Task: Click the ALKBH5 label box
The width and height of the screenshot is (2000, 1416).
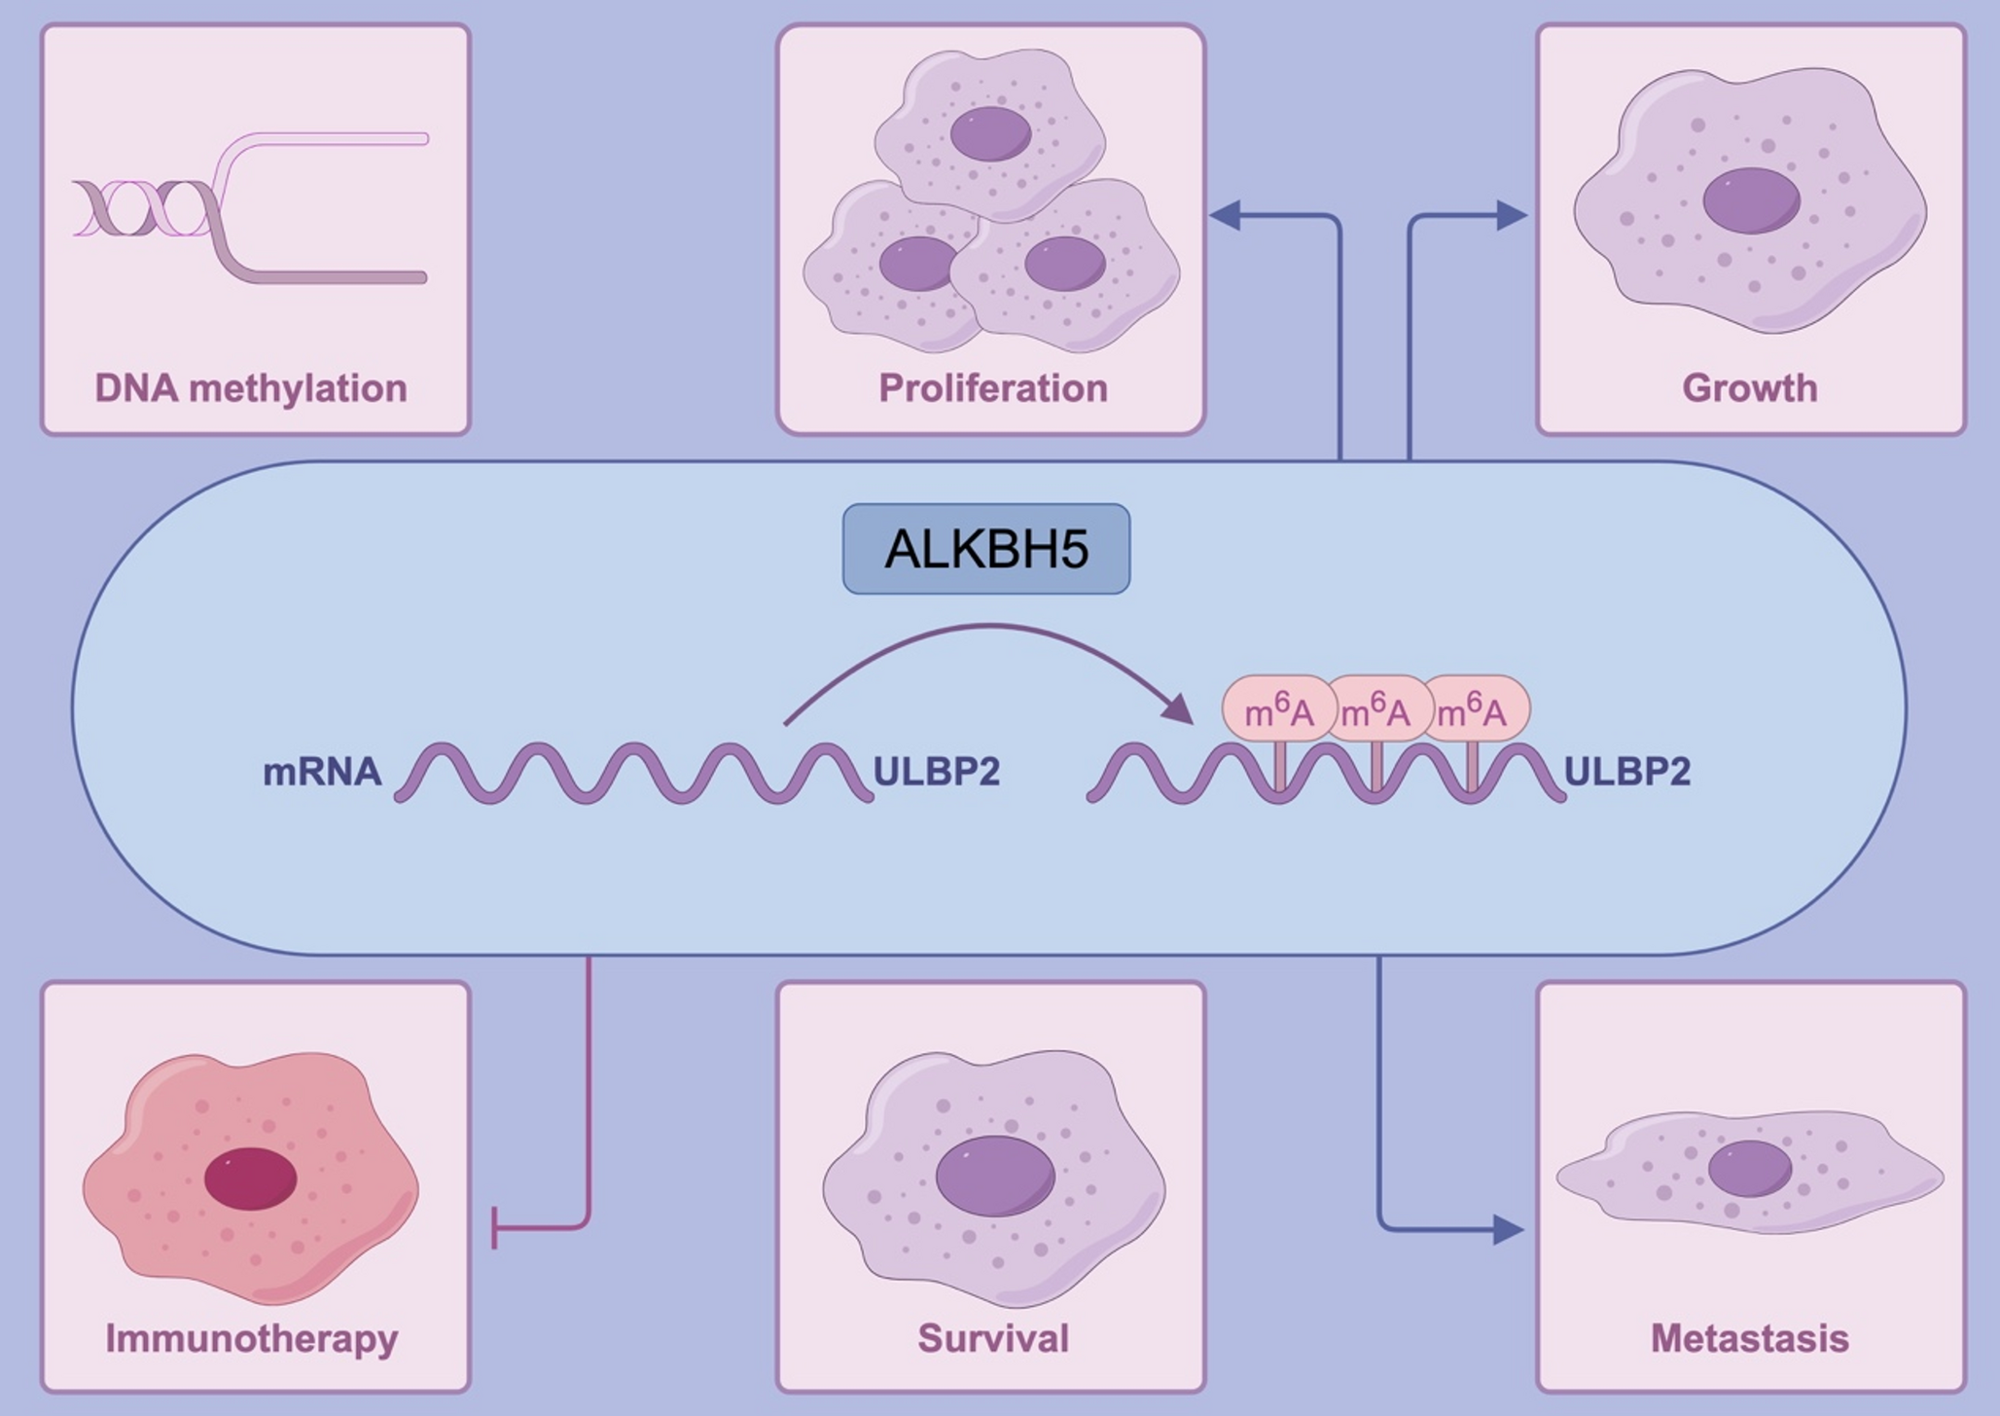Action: (x=986, y=549)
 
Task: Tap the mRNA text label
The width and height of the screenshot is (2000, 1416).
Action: (x=322, y=772)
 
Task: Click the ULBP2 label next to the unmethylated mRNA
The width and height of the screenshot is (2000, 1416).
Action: (x=936, y=771)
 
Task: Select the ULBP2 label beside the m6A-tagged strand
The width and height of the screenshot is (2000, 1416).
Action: (x=1626, y=771)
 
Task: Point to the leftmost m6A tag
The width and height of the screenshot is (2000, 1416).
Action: (x=1278, y=710)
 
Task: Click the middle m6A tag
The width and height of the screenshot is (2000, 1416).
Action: (x=1375, y=710)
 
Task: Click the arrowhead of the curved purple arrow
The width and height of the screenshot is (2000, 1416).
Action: (x=1179, y=708)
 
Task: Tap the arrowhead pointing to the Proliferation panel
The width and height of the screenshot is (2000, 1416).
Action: (x=1226, y=215)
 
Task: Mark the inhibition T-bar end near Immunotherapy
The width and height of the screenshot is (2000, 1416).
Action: (x=495, y=1228)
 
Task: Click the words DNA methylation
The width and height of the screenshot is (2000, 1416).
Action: (x=251, y=388)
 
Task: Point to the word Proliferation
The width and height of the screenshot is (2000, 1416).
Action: (x=993, y=388)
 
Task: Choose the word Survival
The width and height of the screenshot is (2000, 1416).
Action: (x=993, y=1338)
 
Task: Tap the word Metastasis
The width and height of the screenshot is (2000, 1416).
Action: (x=1749, y=1338)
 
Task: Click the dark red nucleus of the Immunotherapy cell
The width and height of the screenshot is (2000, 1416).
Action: (x=251, y=1179)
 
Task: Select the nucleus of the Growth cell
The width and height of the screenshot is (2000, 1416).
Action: (x=1751, y=200)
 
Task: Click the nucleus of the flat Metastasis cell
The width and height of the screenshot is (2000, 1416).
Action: (x=1750, y=1168)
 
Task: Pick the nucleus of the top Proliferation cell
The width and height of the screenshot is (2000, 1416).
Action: (x=990, y=133)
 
